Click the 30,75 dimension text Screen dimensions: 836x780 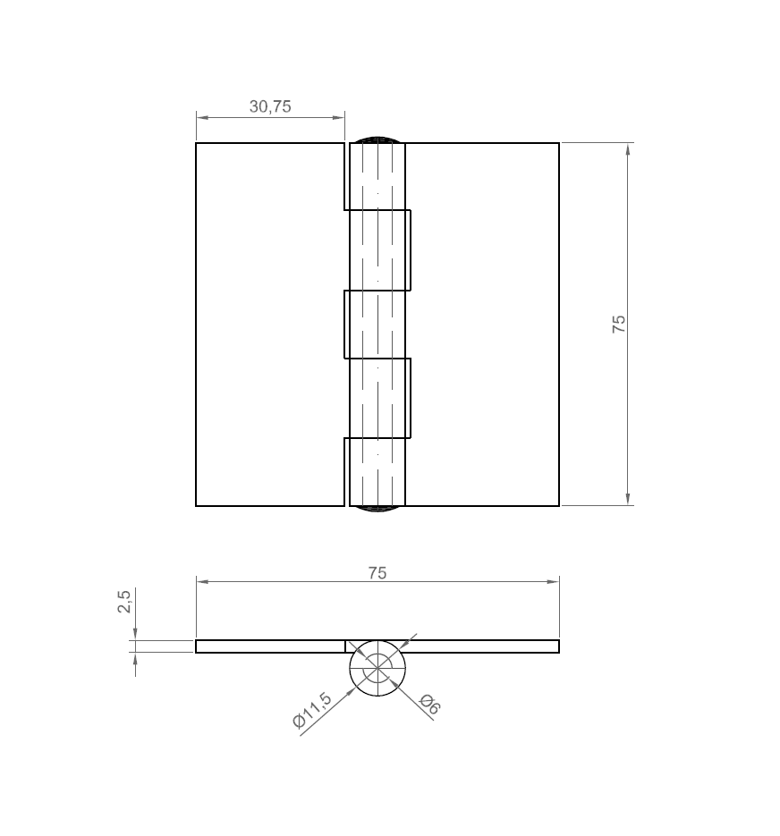coord(270,106)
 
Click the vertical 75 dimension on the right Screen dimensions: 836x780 coord(618,324)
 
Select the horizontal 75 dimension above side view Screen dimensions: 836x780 coord(377,572)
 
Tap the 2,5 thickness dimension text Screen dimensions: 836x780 coord(124,601)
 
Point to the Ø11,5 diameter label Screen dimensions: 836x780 coord(312,711)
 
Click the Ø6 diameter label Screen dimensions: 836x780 coord(430,704)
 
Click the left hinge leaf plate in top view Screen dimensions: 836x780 coord(268,324)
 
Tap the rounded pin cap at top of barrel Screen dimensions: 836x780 coord(377,139)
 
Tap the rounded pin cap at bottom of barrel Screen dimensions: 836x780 coord(377,510)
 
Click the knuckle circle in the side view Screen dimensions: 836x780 coord(377,668)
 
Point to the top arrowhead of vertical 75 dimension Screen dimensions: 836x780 coord(628,148)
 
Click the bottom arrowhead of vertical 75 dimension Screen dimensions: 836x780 coord(628,500)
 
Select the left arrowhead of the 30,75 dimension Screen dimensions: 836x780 coord(202,117)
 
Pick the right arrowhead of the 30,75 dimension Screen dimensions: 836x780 coord(338,117)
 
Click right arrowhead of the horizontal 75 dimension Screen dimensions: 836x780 coord(553,582)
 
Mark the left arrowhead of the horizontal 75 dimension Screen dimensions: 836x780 coord(202,582)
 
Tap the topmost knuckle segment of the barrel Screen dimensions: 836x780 coord(377,177)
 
